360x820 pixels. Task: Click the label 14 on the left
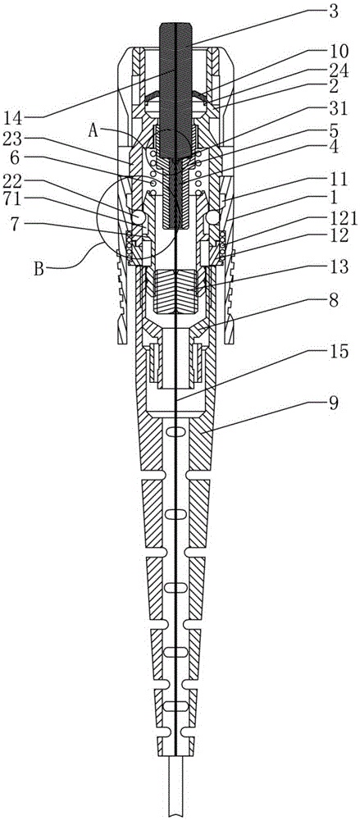[x=16, y=115]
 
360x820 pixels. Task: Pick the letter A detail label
[x=93, y=130]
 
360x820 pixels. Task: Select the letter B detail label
[x=39, y=271]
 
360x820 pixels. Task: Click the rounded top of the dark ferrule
[x=175, y=25]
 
